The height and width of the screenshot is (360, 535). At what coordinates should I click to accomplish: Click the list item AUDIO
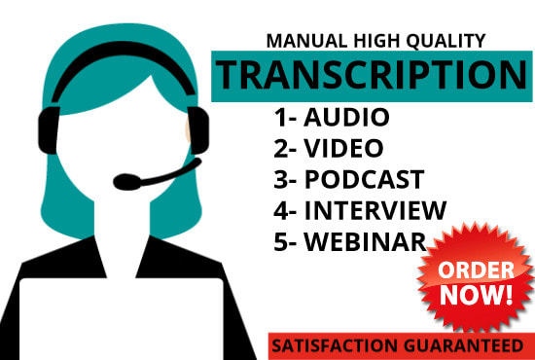pyautogui.click(x=347, y=119)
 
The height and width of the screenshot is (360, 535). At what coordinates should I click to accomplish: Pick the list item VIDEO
pyautogui.click(x=344, y=149)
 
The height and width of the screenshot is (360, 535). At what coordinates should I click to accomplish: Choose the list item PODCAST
pyautogui.click(x=364, y=179)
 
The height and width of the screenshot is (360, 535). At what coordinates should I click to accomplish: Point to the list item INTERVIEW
pyautogui.click(x=375, y=209)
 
